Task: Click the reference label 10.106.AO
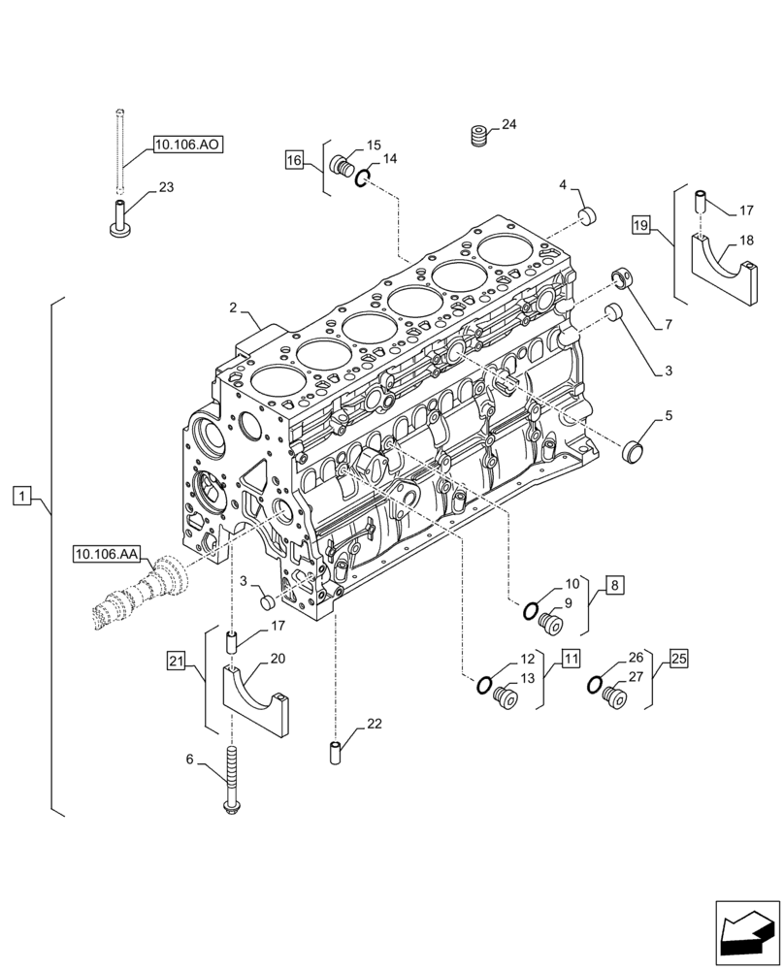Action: click(x=187, y=145)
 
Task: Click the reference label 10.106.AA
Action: click(x=107, y=554)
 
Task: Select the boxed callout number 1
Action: click(x=22, y=498)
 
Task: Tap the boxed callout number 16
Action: click(x=296, y=158)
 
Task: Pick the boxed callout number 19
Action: click(x=640, y=226)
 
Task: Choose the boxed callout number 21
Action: click(x=175, y=662)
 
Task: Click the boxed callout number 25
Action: click(x=678, y=659)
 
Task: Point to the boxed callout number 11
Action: click(x=570, y=659)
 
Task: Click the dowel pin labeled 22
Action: click(x=335, y=754)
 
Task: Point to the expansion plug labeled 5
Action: click(x=634, y=449)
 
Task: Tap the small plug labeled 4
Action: click(x=586, y=214)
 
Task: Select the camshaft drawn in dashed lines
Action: click(x=141, y=594)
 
